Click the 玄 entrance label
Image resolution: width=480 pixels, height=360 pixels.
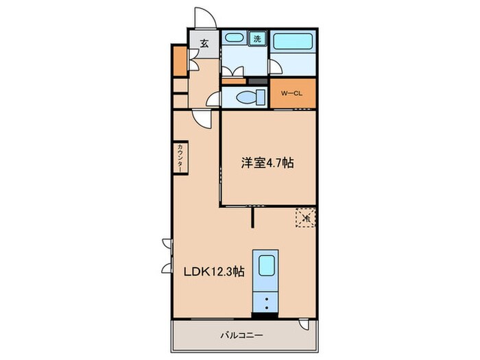click(x=204, y=43)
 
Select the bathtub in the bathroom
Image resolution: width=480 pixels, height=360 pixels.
click(x=293, y=40)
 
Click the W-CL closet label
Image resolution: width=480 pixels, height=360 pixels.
click(x=291, y=95)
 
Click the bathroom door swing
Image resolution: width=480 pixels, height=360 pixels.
click(x=276, y=66)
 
